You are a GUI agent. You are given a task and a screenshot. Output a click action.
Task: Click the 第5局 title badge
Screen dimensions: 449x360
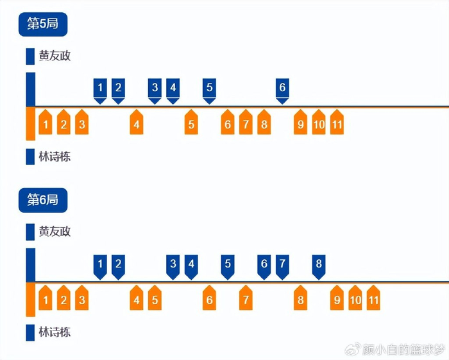point(42,24)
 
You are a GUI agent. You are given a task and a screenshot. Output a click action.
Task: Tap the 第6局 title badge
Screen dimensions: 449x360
point(42,200)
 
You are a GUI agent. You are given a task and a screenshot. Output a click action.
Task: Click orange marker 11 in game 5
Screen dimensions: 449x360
point(337,124)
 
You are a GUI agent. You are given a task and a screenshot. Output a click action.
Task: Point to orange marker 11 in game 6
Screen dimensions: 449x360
point(373,300)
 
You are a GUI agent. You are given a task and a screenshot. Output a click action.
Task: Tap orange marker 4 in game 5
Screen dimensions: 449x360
point(136,124)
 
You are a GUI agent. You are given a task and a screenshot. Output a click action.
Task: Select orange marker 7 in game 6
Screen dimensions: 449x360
point(246,300)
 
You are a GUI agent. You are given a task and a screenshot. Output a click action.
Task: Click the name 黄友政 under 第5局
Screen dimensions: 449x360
point(55,56)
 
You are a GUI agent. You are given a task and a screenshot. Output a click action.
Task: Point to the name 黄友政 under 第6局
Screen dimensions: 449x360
point(55,232)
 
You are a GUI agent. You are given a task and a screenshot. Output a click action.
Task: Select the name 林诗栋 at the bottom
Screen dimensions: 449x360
point(55,332)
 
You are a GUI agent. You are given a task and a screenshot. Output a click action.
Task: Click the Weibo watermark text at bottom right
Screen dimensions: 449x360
point(401,350)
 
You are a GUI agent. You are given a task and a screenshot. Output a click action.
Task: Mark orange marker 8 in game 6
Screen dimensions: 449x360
point(300,300)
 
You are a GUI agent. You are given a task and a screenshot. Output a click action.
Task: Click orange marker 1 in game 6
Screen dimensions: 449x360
point(45,300)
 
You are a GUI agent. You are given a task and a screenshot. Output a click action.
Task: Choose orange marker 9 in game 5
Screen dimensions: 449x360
point(300,124)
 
